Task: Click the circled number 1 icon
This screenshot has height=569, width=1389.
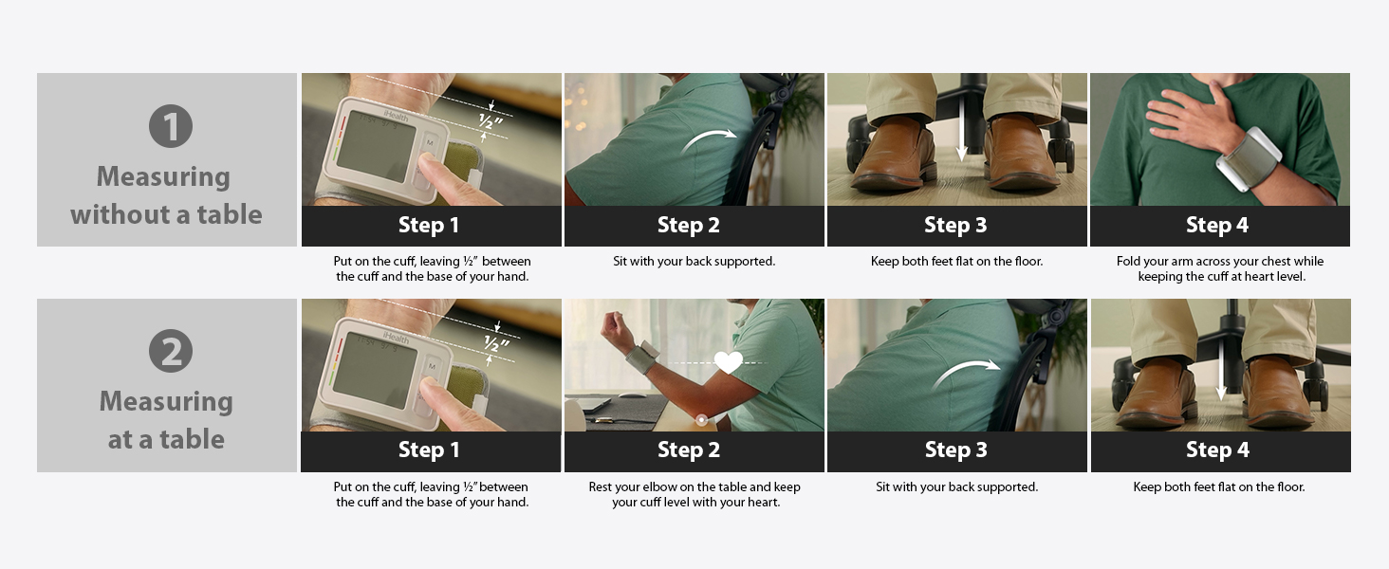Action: click(x=171, y=126)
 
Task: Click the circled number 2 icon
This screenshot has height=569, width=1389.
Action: click(x=171, y=352)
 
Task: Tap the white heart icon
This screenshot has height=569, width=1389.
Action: click(x=728, y=362)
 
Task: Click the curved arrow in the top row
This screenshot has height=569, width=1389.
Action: click(x=710, y=141)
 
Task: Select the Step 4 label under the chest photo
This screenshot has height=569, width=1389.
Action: click(x=1217, y=225)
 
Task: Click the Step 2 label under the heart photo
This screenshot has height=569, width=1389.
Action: click(x=688, y=450)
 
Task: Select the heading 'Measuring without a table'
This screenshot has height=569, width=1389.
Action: click(x=166, y=195)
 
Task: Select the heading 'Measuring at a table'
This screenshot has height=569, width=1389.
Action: click(x=166, y=420)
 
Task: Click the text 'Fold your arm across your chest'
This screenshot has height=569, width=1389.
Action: click(x=1219, y=261)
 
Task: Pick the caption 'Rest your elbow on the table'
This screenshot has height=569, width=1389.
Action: click(x=694, y=486)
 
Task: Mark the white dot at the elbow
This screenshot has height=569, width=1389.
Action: click(x=701, y=419)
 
